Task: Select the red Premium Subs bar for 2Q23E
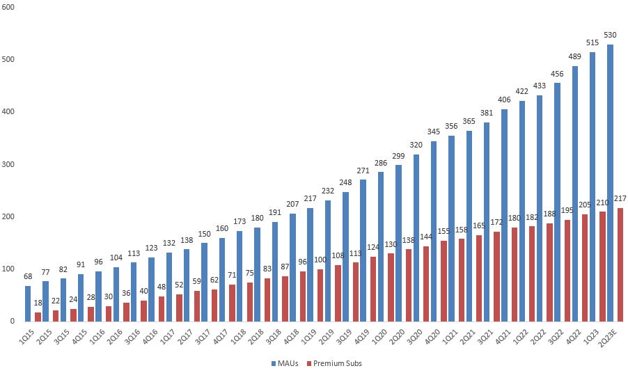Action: click(620, 264)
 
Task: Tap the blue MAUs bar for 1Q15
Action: click(28, 303)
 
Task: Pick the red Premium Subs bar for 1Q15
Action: click(38, 317)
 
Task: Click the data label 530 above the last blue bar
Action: click(610, 35)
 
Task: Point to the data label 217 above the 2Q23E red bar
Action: click(620, 199)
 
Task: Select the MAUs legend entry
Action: click(286, 363)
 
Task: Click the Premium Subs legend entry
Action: click(337, 363)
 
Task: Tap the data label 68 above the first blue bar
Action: click(28, 277)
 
